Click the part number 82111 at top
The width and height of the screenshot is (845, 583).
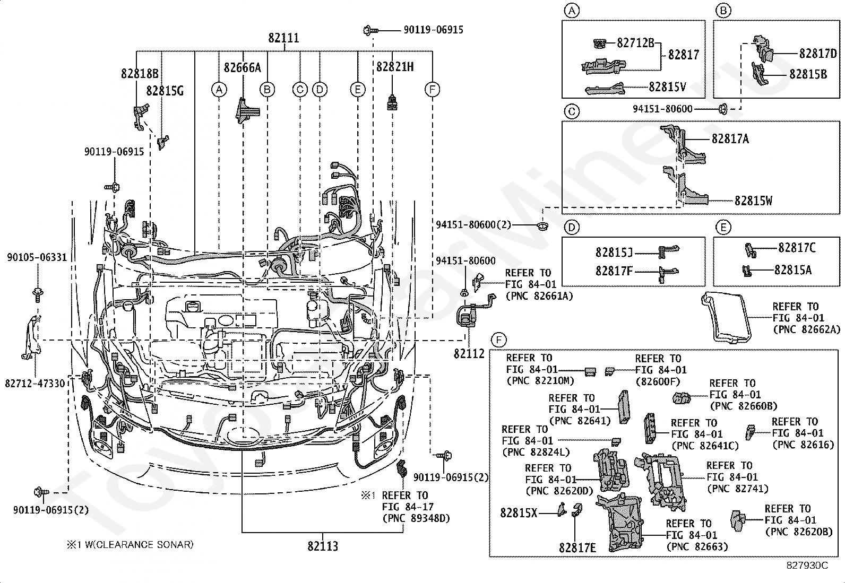pyautogui.click(x=283, y=38)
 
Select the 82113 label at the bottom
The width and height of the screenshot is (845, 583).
pyautogui.click(x=323, y=546)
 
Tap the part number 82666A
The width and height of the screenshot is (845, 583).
pyautogui.click(x=242, y=67)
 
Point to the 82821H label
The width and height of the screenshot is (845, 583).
pyautogui.click(x=395, y=67)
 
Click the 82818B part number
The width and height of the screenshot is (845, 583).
pyautogui.click(x=140, y=74)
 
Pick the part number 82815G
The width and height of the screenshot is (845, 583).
pyautogui.click(x=165, y=91)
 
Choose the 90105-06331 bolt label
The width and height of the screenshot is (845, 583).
pyautogui.click(x=37, y=258)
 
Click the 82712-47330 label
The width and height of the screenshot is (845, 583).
pyautogui.click(x=35, y=383)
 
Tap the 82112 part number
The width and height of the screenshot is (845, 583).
pyautogui.click(x=469, y=354)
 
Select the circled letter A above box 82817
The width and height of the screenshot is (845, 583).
pyautogui.click(x=571, y=11)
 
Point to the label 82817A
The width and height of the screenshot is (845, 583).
pyautogui.click(x=730, y=139)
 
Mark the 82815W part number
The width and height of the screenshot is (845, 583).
pyautogui.click(x=753, y=201)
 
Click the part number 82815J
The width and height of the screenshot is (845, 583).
pyautogui.click(x=614, y=252)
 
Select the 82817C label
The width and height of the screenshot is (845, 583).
pyautogui.click(x=797, y=248)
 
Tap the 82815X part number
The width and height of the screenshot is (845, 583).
pyautogui.click(x=519, y=513)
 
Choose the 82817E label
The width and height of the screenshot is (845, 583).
pyautogui.click(x=577, y=547)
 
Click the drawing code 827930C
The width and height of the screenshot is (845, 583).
pyautogui.click(x=807, y=565)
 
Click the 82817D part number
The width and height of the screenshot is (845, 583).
pyautogui.click(x=818, y=54)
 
